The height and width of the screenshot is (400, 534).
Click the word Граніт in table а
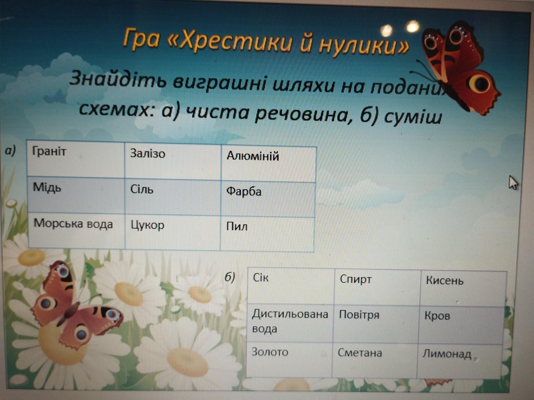pyautogui.click(x=49, y=152)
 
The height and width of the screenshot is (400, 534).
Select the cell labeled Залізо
pyautogui.click(x=173, y=161)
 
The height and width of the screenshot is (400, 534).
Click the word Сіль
pyautogui.click(x=142, y=189)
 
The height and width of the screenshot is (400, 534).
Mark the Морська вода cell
pyautogui.click(x=76, y=230)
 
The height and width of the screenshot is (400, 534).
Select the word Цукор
pyautogui.click(x=148, y=225)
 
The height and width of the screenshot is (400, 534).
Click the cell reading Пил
pyautogui.click(x=267, y=234)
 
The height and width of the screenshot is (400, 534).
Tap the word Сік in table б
pyautogui.click(x=261, y=278)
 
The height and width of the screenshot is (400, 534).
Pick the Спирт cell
pyautogui.click(x=377, y=287)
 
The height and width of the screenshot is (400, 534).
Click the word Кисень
pyautogui.click(x=445, y=281)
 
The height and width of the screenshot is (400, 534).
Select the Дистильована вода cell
pyautogui.click(x=290, y=323)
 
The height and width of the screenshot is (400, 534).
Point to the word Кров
pyautogui.click(x=437, y=316)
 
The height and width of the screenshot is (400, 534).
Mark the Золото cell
pyautogui.click(x=289, y=360)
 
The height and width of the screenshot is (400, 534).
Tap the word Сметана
pyautogui.click(x=360, y=353)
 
